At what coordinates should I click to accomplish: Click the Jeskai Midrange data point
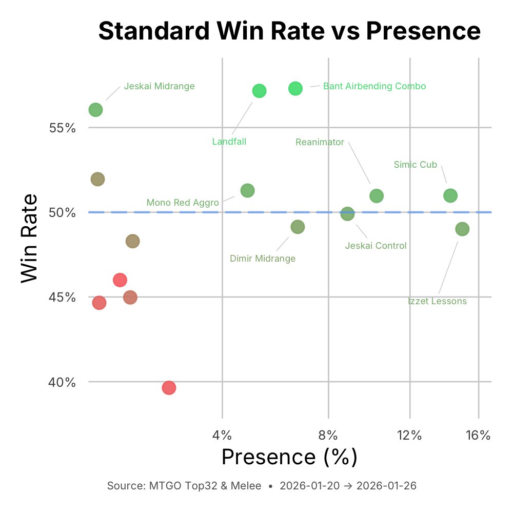click(95, 110)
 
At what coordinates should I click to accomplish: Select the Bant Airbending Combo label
click(374, 86)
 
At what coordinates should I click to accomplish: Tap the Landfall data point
click(260, 91)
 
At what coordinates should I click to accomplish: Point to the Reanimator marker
click(377, 195)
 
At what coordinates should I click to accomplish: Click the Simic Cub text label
click(415, 165)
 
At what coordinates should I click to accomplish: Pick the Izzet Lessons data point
click(462, 229)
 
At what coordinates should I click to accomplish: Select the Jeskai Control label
click(376, 246)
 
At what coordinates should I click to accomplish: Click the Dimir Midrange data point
click(298, 226)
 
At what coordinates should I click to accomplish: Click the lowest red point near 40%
click(169, 388)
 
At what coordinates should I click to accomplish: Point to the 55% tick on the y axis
click(63, 127)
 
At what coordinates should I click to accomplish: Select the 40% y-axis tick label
click(63, 382)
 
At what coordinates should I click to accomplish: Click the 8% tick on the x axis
click(328, 436)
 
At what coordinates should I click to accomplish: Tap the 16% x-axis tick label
click(479, 436)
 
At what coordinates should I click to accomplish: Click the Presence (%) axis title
click(289, 457)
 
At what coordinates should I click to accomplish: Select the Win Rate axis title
click(30, 237)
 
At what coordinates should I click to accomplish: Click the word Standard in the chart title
click(153, 31)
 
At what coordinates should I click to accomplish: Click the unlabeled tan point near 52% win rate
click(97, 179)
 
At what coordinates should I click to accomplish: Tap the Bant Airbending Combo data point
click(295, 88)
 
